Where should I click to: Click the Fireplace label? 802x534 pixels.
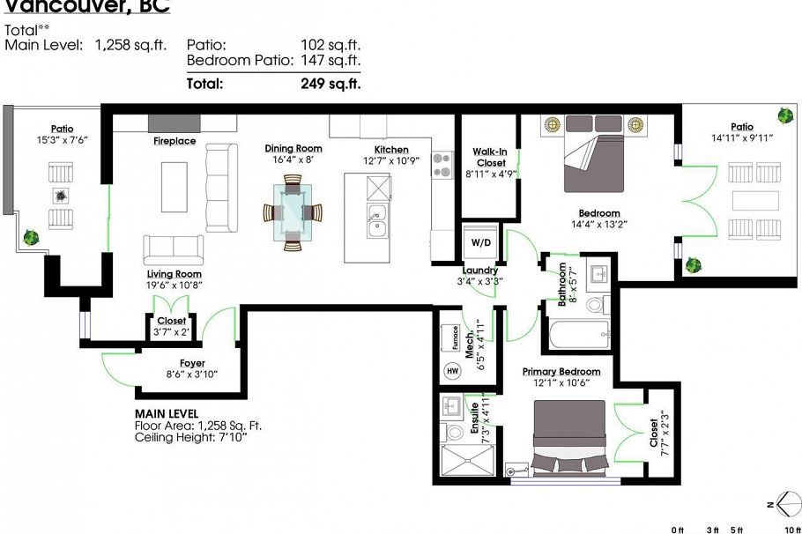tap(175, 141)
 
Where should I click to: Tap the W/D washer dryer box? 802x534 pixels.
tap(482, 241)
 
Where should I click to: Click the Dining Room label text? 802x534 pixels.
tap(293, 149)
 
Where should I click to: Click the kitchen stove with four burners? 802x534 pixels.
tap(442, 166)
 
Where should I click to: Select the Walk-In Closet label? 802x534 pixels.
tap(489, 157)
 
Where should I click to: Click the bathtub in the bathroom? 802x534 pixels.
tap(578, 334)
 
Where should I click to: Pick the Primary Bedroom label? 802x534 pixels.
tap(561, 372)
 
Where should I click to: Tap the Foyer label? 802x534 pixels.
tap(191, 363)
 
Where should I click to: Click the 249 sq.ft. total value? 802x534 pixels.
tap(330, 85)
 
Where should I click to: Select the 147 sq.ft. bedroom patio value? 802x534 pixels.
tap(330, 61)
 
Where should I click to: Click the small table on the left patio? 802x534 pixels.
tap(60, 196)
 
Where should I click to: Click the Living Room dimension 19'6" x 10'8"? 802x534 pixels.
tap(175, 285)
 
